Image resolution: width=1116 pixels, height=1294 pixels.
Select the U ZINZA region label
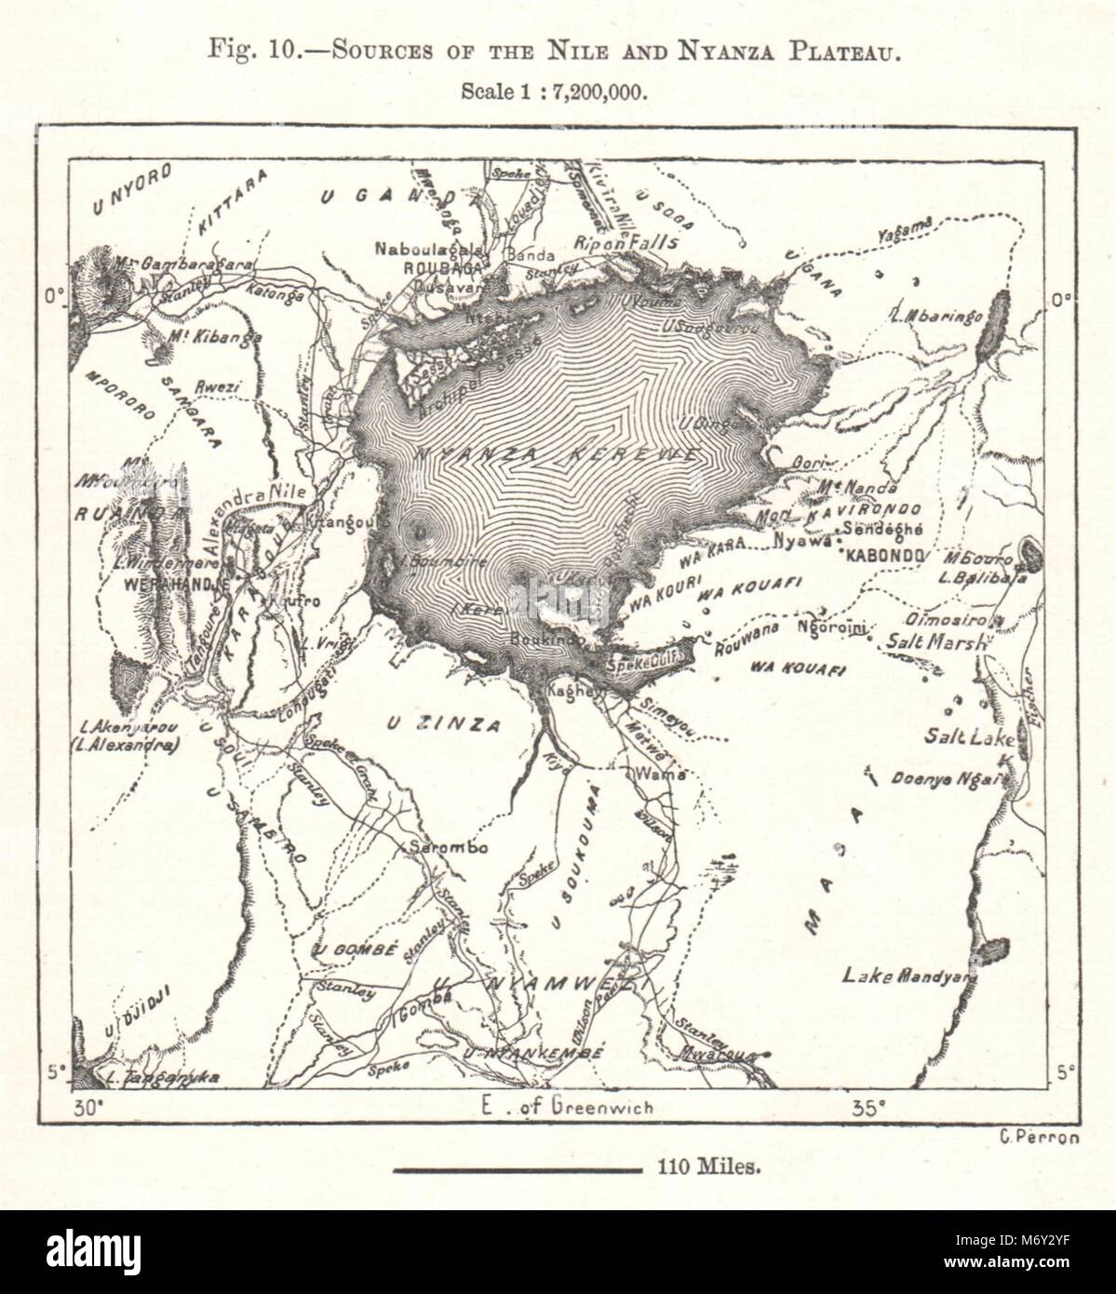(443, 723)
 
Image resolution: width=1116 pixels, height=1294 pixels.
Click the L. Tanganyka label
(162, 1079)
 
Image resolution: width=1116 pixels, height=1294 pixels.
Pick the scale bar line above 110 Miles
(517, 1166)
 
